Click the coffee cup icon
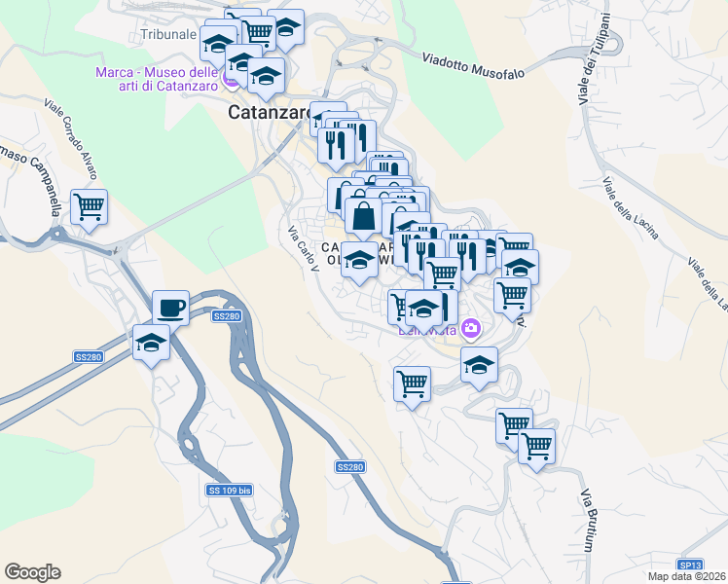point(171,308)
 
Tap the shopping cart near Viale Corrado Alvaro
point(89,206)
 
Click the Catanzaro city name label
point(269,113)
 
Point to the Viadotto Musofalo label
point(474,66)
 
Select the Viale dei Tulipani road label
point(594,59)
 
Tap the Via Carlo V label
point(304,249)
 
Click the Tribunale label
point(169,34)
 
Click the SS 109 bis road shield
point(230,490)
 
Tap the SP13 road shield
point(690,565)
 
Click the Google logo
point(32,572)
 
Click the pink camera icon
point(472,329)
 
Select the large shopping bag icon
point(363,215)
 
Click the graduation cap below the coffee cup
point(151,343)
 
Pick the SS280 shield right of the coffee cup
point(226,316)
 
